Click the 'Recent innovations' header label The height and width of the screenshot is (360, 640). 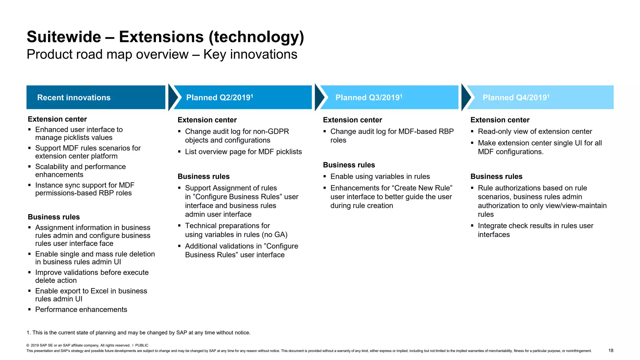(74, 97)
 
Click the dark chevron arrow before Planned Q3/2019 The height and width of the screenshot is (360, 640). (319, 97)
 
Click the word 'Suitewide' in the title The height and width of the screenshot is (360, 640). (64, 37)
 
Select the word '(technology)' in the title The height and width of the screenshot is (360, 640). (256, 37)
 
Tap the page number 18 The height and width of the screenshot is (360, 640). (611, 350)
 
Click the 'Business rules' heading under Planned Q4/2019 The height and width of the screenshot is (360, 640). (496, 176)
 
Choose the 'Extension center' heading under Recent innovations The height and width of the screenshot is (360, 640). (57, 119)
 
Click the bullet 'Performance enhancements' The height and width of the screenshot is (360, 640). (81, 309)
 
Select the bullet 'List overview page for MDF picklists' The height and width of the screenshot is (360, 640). (243, 152)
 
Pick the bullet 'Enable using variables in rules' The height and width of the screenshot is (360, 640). (380, 176)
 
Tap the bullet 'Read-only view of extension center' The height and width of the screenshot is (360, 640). (535, 131)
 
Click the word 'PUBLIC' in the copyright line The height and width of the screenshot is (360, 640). (142, 345)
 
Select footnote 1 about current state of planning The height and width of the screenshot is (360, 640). (138, 332)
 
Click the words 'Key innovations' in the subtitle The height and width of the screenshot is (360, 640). (250, 54)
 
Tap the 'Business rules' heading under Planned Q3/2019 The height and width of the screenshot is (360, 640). (349, 165)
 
